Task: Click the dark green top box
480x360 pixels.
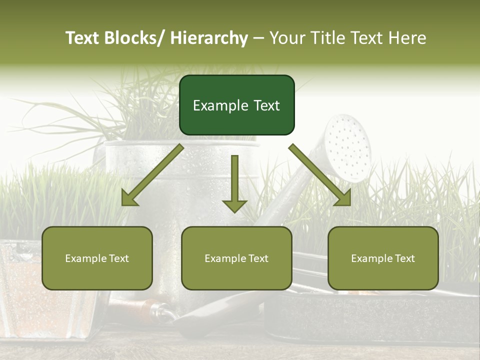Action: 236,105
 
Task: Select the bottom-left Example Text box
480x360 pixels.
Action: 97,258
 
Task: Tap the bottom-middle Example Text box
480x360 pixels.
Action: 236,258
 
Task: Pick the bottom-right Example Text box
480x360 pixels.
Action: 383,258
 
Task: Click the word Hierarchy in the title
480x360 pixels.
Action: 209,38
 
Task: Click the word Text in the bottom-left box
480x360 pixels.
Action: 118,258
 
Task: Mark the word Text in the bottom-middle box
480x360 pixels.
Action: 258,258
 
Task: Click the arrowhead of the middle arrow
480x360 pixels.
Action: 234,205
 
